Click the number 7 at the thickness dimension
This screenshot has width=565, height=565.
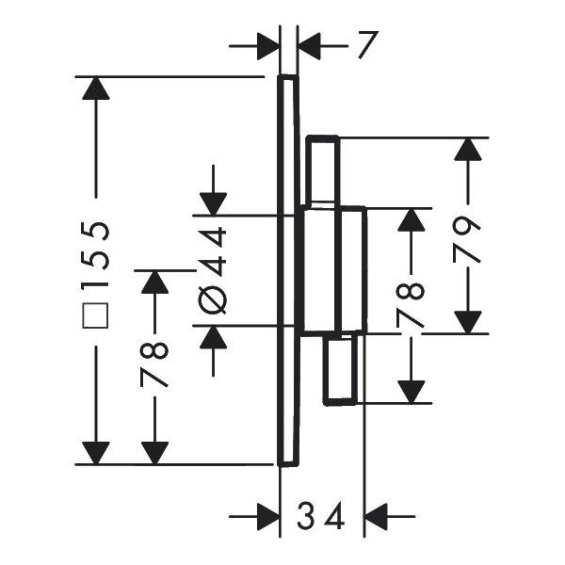pos(368,44)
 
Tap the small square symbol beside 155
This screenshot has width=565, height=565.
pos(95,315)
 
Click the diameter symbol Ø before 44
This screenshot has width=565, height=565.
pos(213,299)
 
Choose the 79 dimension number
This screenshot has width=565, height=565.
pos(467,239)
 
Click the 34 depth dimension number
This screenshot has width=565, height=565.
pos(321,516)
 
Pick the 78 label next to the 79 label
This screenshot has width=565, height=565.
pos(411,304)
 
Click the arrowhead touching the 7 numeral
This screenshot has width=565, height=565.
pos(309,46)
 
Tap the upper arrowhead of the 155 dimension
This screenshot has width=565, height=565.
pos(96,89)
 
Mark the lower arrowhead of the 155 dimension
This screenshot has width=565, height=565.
pos(96,453)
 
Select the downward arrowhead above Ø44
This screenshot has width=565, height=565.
pos(214,204)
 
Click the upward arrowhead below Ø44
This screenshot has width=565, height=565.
pos(214,337)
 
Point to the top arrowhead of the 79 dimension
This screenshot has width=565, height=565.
pos(468,149)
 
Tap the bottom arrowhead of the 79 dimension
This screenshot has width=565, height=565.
pos(468,322)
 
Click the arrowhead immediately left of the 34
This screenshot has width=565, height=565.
pos(268,516)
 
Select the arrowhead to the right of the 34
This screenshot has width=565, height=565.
pos(376,516)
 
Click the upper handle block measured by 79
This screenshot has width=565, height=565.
pos(323,171)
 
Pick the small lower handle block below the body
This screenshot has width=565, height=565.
pos(340,369)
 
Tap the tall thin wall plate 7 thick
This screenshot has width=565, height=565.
pos(288,270)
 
